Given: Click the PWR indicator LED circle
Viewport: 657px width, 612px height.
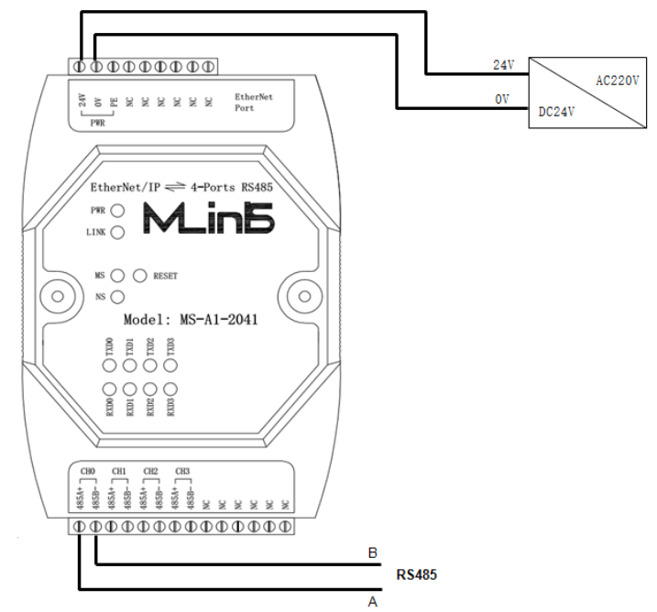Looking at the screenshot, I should point(117,211).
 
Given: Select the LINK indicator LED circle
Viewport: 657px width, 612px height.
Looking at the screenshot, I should point(117,233).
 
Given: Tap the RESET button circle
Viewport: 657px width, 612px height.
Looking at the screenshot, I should point(140,275).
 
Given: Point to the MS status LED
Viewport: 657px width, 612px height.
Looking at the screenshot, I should point(117,275).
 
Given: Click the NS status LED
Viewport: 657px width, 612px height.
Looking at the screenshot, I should point(117,297).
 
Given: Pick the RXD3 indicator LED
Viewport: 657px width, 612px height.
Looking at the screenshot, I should point(170,388).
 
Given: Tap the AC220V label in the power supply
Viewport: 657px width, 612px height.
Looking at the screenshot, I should point(615,80).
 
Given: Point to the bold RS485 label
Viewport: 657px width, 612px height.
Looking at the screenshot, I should point(415,576).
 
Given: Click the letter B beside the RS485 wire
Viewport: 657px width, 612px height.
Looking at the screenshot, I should point(372,554).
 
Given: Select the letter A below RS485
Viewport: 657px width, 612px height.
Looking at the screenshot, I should point(372,601).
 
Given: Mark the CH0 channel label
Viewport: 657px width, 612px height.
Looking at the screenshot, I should point(87,471).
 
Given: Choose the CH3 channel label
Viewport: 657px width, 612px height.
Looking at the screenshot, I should point(182,471).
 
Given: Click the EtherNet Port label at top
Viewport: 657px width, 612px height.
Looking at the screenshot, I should point(254,101).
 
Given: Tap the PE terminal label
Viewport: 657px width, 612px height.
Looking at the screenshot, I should point(113,103).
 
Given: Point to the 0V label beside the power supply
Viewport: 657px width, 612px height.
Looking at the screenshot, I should point(501,97).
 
